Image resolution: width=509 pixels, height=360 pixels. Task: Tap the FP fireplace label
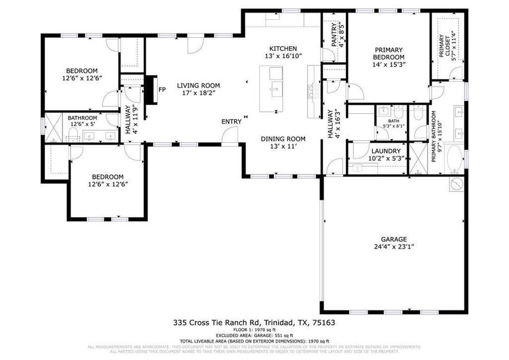(162, 90)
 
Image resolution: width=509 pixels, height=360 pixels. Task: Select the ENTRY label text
(231, 122)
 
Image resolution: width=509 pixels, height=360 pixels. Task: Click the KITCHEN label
(283, 49)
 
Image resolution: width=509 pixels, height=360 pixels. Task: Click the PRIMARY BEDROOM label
(388, 53)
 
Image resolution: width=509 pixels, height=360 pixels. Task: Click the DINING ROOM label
(283, 139)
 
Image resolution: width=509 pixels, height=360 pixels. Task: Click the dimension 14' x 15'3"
(388, 65)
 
